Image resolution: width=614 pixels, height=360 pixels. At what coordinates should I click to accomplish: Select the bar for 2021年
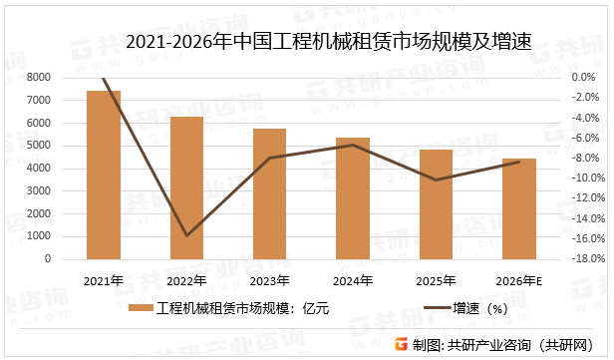click(x=104, y=175)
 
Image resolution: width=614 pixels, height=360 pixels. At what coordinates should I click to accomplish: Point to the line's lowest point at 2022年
click(x=186, y=236)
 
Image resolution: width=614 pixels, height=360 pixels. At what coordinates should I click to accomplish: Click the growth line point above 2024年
click(x=352, y=145)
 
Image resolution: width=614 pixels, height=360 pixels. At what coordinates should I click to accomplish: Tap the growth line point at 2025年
click(x=435, y=180)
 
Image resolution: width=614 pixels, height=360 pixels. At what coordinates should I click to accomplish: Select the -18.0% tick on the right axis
click(x=583, y=259)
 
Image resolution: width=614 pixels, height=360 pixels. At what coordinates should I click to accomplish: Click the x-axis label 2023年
click(x=269, y=280)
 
